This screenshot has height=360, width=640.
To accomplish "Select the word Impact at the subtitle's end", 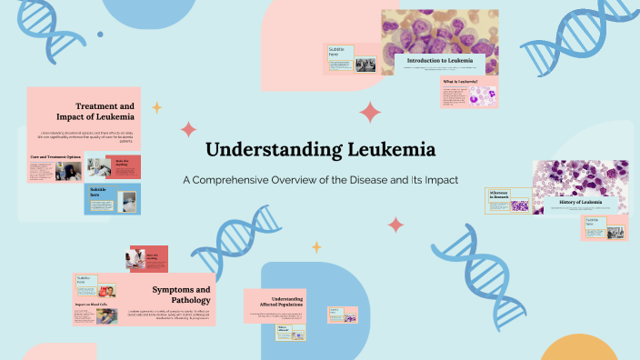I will click(439, 179).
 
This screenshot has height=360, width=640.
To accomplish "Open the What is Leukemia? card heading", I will click(460, 82).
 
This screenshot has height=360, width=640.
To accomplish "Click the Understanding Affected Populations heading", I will click(287, 302).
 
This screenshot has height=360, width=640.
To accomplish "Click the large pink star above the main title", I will click(370, 112).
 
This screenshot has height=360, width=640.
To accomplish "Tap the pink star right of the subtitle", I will click(395, 224).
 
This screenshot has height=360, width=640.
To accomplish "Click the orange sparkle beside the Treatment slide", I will click(156, 107).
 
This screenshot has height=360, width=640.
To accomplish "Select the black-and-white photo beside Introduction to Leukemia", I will click(365, 65).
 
